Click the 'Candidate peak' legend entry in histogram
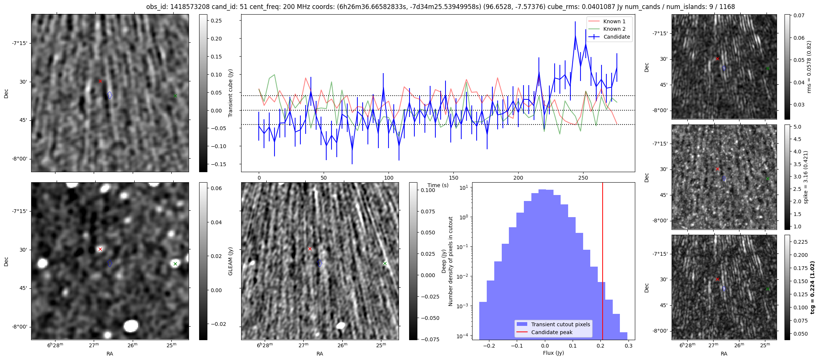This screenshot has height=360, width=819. coord(552,332)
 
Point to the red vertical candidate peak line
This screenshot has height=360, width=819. coord(603,262)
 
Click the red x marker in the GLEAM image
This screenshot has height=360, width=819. coord(100,249)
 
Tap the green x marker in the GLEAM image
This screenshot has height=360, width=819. coord(175,264)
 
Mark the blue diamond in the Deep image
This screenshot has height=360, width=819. coord(319,263)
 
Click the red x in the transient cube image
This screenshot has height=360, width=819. coord(100,81)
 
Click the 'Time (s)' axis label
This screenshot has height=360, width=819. coord(438,185)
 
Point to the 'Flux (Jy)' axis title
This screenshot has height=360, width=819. coord(553,353)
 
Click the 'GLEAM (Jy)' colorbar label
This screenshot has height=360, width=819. coord(230,261)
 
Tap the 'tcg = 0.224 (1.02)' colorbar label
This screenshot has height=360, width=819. coord(812,287)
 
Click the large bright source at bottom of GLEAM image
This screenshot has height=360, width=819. coord(131,325)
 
